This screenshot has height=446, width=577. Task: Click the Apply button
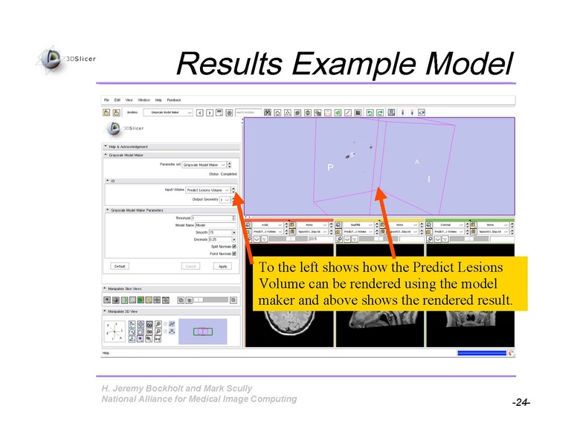(222, 266)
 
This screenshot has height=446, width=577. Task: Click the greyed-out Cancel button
(190, 266)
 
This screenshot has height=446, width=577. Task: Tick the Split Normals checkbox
(234, 246)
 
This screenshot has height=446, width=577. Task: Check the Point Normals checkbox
(234, 253)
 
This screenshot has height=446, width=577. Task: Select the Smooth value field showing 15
(220, 233)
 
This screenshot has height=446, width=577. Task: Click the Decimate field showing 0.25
(220, 239)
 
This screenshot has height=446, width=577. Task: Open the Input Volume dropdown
(207, 190)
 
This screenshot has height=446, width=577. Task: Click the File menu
(106, 100)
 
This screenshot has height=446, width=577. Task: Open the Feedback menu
(174, 100)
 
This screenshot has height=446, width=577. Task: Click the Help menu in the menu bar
(158, 100)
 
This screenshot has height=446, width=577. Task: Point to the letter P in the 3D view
(329, 168)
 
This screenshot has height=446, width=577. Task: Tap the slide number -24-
(520, 402)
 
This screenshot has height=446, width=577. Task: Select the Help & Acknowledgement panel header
(129, 146)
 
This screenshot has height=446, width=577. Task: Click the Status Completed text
(223, 174)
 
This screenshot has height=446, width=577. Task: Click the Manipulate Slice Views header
(126, 288)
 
